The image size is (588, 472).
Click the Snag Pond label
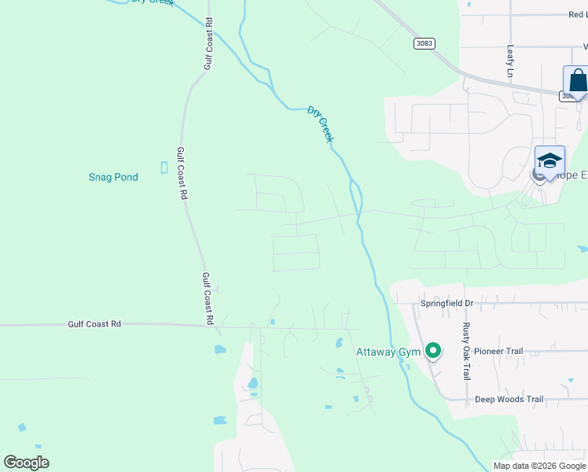(x=113, y=177)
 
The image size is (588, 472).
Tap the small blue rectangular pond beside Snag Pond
(x=164, y=168)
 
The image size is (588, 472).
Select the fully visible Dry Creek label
(x=321, y=124)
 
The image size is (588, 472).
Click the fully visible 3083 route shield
(x=422, y=44)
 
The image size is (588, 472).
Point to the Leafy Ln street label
(x=510, y=61)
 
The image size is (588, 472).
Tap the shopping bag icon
(x=578, y=82)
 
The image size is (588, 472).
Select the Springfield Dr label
(x=447, y=303)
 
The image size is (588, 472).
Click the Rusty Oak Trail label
(x=466, y=351)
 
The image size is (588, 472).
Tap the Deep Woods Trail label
(x=509, y=400)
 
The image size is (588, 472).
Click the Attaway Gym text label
(x=388, y=352)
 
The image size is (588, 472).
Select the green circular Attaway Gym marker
(x=432, y=352)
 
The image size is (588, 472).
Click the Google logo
(x=27, y=463)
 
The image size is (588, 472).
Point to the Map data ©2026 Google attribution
(x=539, y=466)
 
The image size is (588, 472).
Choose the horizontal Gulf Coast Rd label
(x=94, y=323)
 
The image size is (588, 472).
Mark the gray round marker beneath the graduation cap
(x=538, y=175)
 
